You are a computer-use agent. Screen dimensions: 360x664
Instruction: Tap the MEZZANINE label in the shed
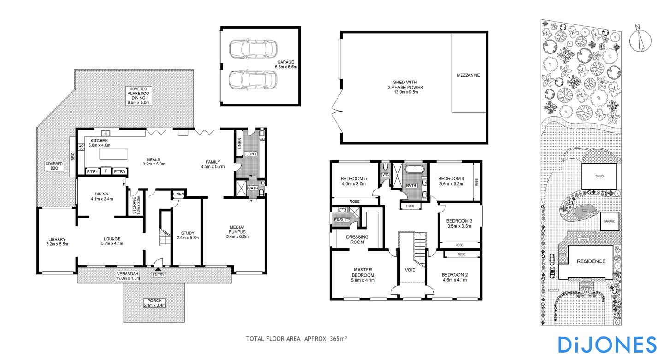468,75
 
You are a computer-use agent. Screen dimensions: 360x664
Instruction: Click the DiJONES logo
607,344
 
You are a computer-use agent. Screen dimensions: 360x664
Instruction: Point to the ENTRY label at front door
158,275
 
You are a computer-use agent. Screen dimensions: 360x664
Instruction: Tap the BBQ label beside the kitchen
73,157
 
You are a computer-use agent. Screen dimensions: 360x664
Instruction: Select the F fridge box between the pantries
106,171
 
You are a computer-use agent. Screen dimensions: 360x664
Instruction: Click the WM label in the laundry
262,139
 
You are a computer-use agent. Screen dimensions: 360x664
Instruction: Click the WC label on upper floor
385,175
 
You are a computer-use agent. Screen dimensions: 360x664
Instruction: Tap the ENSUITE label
342,220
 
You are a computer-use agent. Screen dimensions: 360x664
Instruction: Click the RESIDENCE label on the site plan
592,261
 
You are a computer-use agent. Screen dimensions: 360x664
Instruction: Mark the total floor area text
296,339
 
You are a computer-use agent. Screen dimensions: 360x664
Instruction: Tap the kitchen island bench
116,153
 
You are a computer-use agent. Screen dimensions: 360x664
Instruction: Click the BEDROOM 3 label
459,224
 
